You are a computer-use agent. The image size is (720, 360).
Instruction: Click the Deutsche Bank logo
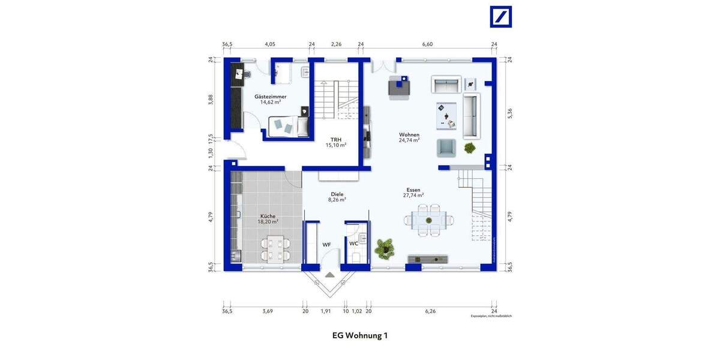coord(501,17)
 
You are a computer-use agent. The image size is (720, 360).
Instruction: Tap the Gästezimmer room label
coord(270,99)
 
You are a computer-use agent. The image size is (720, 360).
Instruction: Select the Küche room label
coord(268,218)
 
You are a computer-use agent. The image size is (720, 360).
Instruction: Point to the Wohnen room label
coord(409,137)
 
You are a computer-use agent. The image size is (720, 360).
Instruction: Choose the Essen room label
coord(413,192)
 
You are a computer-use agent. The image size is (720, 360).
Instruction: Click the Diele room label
coord(337,197)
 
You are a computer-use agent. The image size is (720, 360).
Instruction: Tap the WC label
coord(353,244)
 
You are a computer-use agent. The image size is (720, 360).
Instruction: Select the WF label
coord(326,244)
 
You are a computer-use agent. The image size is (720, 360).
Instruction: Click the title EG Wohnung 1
coord(359,335)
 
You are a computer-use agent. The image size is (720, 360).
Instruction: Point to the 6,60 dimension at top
coord(427,44)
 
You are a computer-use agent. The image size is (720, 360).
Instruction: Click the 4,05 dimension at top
coord(270,44)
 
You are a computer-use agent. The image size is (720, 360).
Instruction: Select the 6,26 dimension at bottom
coord(430,311)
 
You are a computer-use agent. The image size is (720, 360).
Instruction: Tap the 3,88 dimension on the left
coord(211,100)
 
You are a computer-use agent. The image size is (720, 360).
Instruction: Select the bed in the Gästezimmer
coord(287,127)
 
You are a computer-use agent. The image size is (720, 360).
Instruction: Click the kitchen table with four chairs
coord(274,248)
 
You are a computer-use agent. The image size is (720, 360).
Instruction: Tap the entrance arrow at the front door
coord(329,274)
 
